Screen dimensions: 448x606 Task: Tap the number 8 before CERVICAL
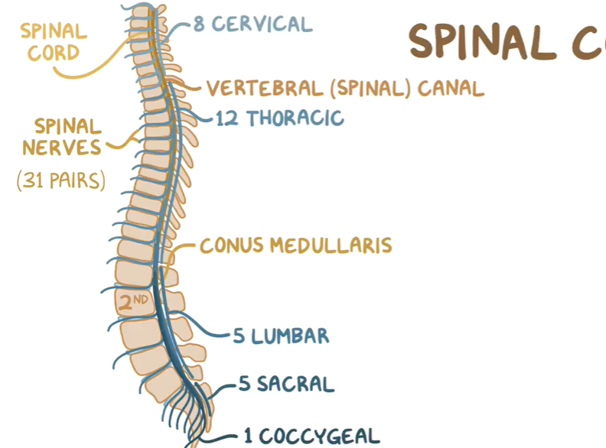199,24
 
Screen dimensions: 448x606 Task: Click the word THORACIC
295,118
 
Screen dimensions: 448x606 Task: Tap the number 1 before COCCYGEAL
249,437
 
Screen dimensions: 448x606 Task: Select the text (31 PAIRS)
61,181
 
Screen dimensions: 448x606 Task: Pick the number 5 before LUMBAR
239,336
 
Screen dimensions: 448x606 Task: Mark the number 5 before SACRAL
245,384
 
